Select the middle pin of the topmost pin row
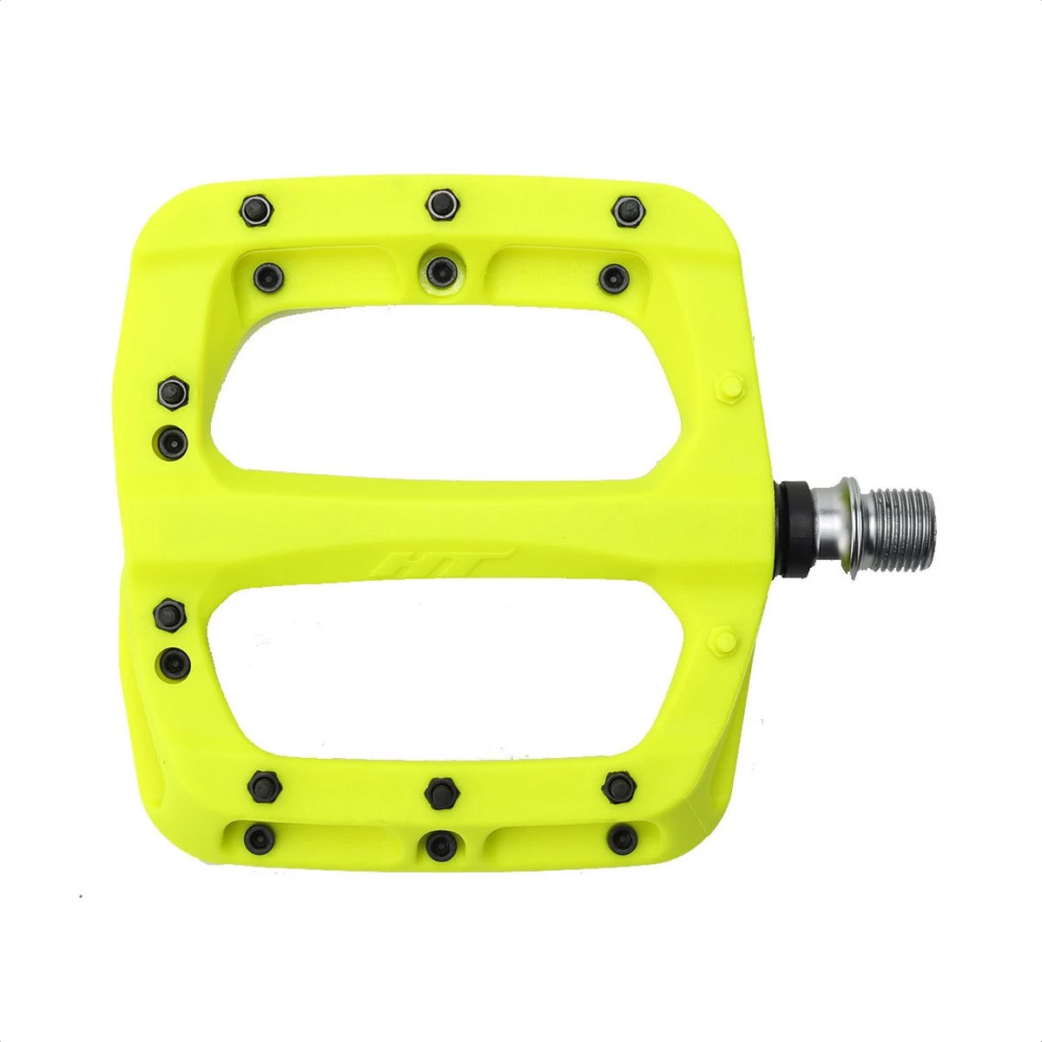click(442, 203)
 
